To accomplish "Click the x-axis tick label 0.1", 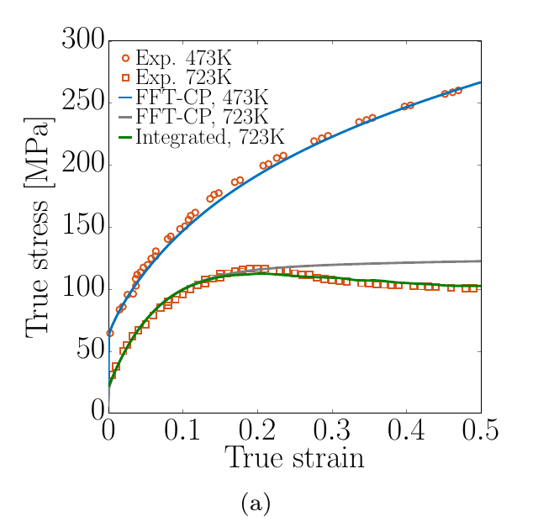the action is [x=182, y=429].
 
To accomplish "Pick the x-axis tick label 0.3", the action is [x=332, y=429].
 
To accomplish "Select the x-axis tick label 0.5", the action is [x=481, y=429].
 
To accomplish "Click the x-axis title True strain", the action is [x=294, y=457].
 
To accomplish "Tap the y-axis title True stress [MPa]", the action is [x=39, y=227].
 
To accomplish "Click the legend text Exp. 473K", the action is [x=183, y=58].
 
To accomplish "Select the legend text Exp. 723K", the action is [x=183, y=77].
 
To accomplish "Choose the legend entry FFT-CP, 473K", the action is [x=202, y=97].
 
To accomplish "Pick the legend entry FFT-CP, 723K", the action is [x=202, y=117].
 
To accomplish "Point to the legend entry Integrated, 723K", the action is [x=210, y=137].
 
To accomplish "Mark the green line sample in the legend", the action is [x=125, y=137].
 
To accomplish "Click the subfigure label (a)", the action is [x=256, y=503].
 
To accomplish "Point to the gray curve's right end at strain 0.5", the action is [x=481, y=261].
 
